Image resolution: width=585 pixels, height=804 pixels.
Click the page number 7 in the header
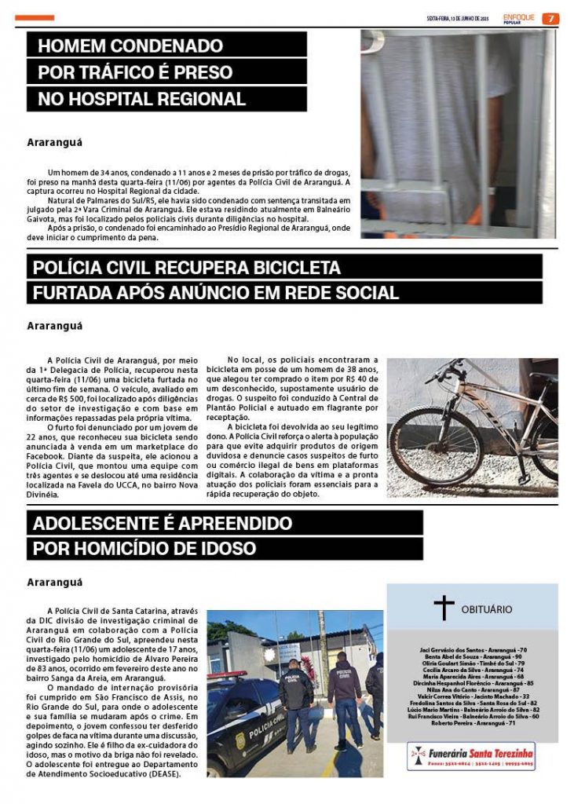tap(551, 18)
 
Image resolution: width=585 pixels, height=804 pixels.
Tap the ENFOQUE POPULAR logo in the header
tap(519, 18)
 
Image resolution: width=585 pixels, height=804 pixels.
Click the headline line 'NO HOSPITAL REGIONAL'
tap(142, 100)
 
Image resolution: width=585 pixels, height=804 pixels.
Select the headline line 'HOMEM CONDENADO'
tap(131, 45)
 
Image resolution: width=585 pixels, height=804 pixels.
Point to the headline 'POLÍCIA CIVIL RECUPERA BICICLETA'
tap(187, 268)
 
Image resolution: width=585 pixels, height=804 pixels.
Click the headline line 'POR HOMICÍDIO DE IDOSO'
tap(144, 549)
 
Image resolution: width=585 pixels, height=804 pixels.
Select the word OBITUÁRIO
tap(487, 609)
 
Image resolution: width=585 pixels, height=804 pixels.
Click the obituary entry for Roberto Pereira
tap(472, 722)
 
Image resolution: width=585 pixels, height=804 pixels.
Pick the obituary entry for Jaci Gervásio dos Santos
tap(472, 650)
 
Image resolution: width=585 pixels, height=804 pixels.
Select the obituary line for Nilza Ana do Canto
tap(472, 689)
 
